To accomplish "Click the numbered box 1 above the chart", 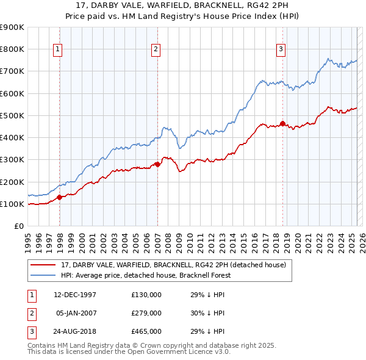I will pyautogui.click(x=57, y=49).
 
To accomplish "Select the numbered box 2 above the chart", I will pyautogui.click(x=156, y=49).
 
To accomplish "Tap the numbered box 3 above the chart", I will pyautogui.click(x=281, y=49).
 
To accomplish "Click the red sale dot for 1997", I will pyautogui.click(x=60, y=197).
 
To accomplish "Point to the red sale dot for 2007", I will pyautogui.click(x=157, y=164).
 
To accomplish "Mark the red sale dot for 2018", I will pyautogui.click(x=283, y=123).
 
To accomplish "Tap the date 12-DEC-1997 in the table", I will pyautogui.click(x=75, y=295).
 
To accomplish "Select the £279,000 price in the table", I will pyautogui.click(x=146, y=313).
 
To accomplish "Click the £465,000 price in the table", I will pyautogui.click(x=146, y=331).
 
